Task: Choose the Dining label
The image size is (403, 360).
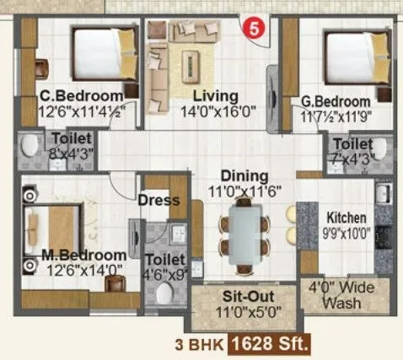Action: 244,176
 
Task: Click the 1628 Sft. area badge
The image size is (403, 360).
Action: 281,343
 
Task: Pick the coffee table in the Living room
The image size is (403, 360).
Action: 193,62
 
